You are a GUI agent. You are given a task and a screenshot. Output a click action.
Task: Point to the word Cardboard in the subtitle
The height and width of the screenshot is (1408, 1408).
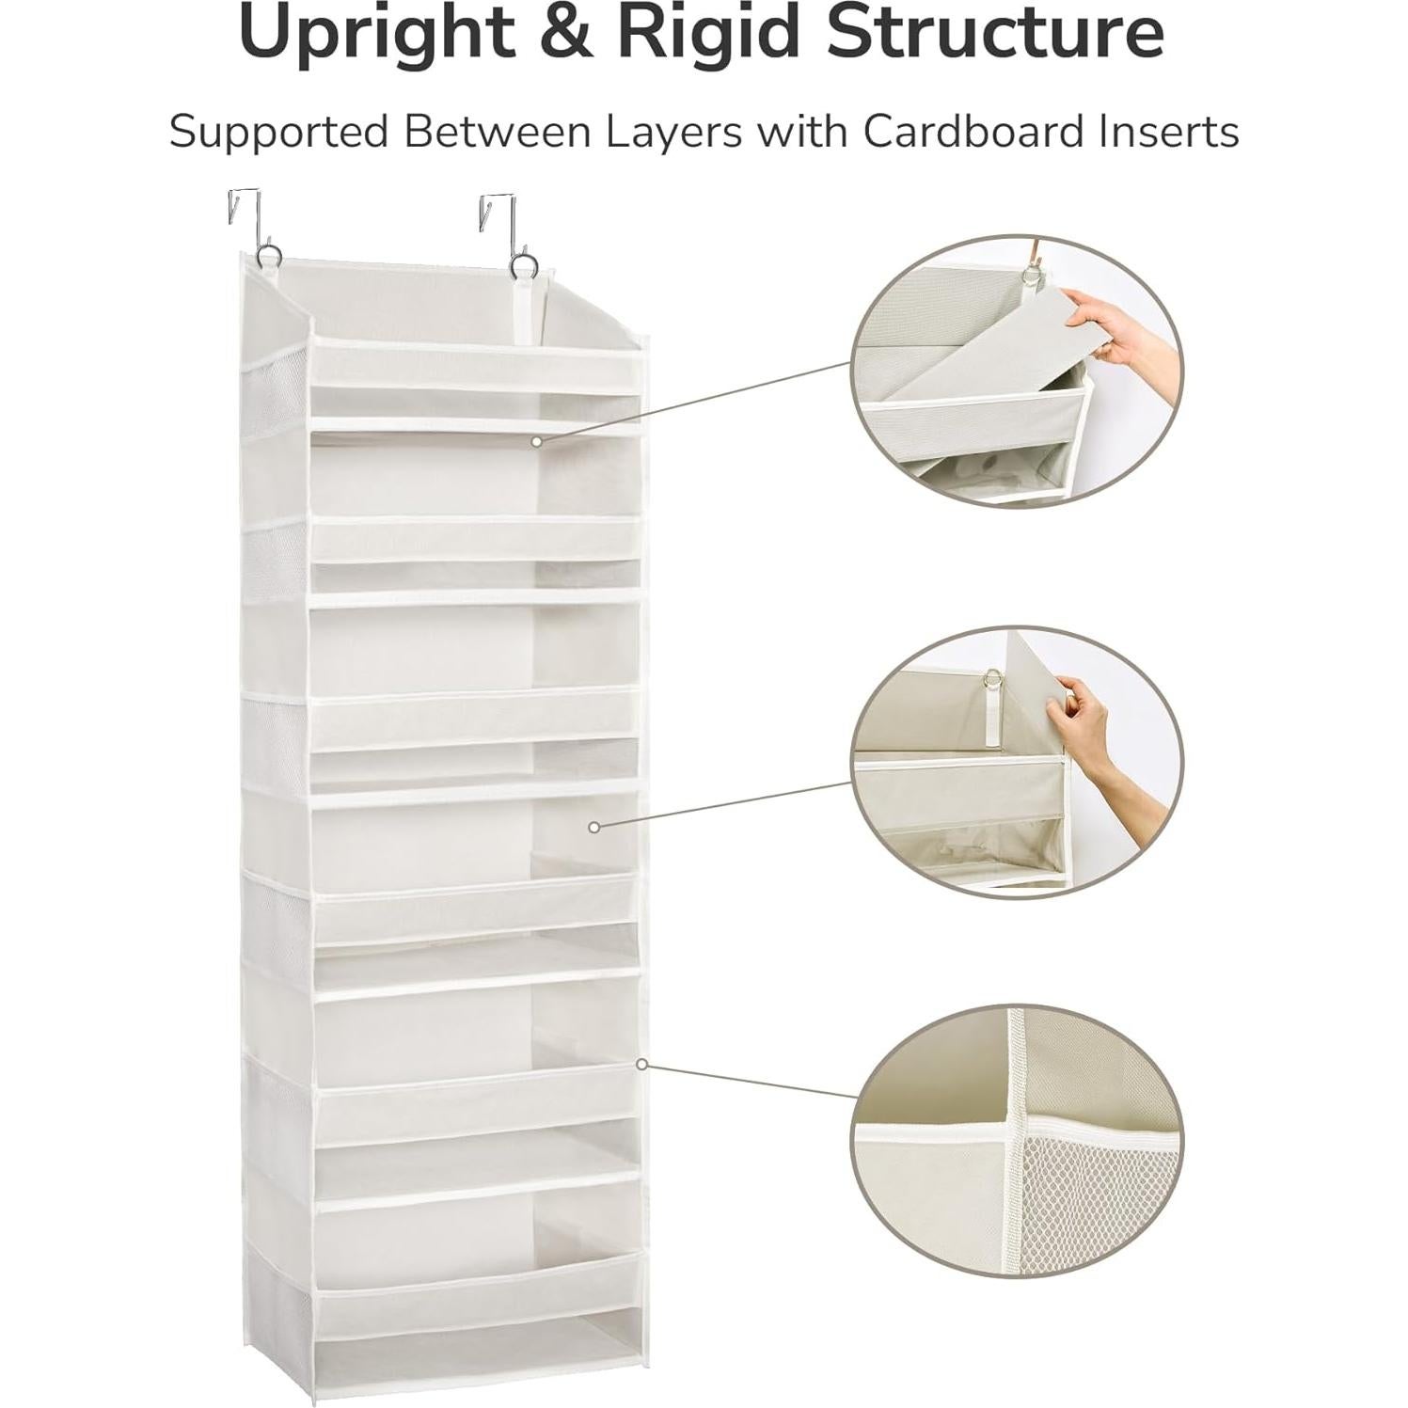pyautogui.click(x=966, y=132)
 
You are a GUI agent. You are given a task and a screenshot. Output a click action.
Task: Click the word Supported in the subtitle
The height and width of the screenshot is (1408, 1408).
pyautogui.click(x=278, y=132)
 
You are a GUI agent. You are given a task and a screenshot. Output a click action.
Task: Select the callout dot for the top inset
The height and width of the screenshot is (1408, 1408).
pyautogui.click(x=536, y=440)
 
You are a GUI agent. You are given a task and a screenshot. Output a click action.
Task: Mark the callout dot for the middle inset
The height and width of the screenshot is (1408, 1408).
pyautogui.click(x=593, y=827)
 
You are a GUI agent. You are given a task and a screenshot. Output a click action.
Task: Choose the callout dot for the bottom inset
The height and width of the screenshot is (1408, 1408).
pyautogui.click(x=641, y=1065)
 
